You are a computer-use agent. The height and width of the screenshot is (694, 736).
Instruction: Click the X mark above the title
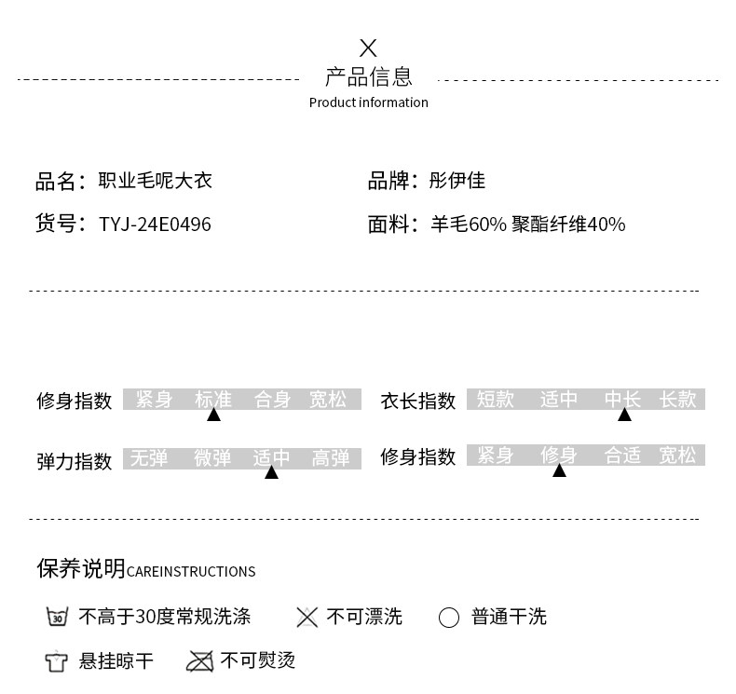[x=368, y=48]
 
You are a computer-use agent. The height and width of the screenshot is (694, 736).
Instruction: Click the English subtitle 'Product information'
[x=369, y=102]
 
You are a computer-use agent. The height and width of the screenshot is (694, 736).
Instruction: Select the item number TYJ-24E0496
[x=155, y=225]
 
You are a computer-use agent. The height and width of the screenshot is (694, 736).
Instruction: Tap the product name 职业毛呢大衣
[x=156, y=180]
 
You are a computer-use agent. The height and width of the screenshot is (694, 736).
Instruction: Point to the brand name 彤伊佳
[x=457, y=180]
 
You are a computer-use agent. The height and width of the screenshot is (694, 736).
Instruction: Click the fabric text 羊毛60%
[x=469, y=225]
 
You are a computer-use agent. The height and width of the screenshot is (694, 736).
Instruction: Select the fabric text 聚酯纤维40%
[x=568, y=225]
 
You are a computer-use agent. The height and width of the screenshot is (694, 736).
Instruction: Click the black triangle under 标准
[x=214, y=415]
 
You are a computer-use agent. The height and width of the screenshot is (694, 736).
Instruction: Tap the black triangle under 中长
[x=624, y=415]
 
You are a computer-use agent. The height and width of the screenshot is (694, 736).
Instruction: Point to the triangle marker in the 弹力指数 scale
[x=271, y=472]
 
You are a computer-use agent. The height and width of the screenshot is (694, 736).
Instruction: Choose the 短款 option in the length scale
[x=496, y=400]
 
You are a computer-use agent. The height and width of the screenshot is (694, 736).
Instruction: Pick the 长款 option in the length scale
[x=678, y=400]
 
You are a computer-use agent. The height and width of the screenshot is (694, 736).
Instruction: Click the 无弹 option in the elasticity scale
[x=149, y=458]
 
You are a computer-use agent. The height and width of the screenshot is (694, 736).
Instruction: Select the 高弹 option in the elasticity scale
[x=331, y=458]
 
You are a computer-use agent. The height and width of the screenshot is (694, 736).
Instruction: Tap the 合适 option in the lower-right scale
[x=622, y=456]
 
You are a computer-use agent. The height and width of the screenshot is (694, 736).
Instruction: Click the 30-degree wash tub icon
[x=57, y=617]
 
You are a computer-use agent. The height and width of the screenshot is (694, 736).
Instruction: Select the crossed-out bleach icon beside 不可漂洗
[x=307, y=617]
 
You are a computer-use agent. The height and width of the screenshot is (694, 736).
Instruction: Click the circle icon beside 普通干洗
[x=449, y=618]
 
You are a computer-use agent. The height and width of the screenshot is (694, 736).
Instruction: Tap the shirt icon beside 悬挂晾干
[x=56, y=661]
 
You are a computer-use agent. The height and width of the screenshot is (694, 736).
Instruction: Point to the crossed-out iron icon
[x=200, y=661]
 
